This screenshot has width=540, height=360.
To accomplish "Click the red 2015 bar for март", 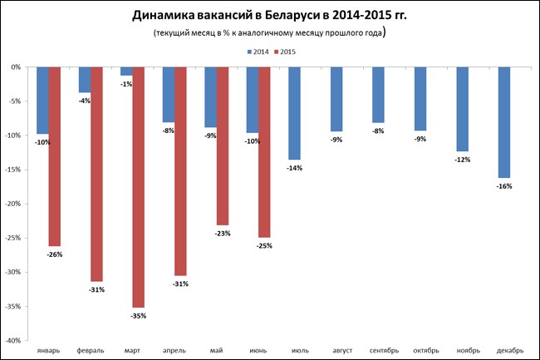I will point(139,187).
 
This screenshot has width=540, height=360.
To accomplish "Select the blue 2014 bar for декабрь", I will point(504,122).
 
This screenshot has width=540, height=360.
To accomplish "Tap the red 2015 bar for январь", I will point(55,156).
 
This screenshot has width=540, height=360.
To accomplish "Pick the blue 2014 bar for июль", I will point(294,113).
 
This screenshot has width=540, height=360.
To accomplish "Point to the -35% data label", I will point(137,317).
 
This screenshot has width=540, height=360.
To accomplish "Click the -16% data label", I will point(504,186).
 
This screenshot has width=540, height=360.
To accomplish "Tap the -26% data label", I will point(54,254).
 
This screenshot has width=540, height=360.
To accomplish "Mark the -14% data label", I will point(294,168).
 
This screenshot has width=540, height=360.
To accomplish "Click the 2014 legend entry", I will point(258,52).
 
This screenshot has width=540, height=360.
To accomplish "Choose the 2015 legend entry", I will point(286,52).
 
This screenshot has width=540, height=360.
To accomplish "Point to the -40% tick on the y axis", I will point(14,341).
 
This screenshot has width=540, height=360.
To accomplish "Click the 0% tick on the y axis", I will point(17,67).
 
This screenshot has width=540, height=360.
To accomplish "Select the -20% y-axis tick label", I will point(14,204).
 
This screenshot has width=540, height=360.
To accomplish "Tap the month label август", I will point(336,351).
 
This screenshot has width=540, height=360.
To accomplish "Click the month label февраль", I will point(90,351).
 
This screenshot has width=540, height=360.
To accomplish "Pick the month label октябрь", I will point(420,351).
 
